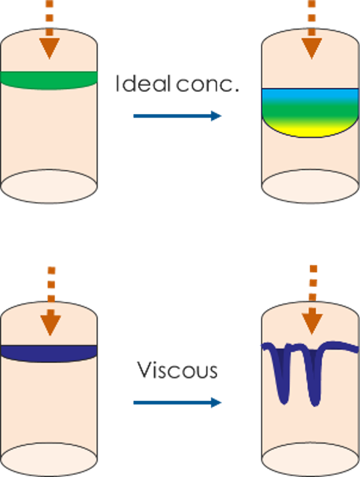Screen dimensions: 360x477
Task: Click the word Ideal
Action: pos(142,83)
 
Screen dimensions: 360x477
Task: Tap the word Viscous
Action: pos(177,370)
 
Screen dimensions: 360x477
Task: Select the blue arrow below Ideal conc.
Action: pos(177,116)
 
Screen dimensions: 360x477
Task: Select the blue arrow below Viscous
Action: pos(177,402)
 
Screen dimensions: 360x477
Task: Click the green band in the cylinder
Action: pos(48,80)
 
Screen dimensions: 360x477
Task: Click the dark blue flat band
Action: pos(48,353)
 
